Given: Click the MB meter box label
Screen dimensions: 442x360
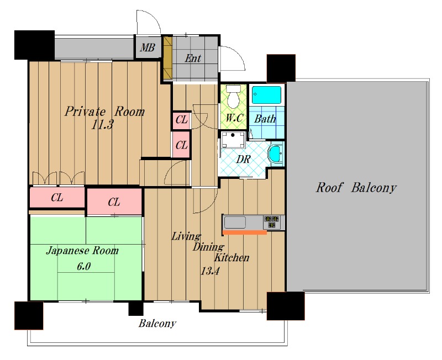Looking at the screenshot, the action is pyautogui.click(x=148, y=47).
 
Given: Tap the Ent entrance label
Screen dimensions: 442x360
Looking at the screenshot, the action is pyautogui.click(x=193, y=59).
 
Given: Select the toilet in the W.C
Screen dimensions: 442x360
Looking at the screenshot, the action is pyautogui.click(x=233, y=97).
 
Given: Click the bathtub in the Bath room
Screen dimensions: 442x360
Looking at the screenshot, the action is pyautogui.click(x=266, y=95).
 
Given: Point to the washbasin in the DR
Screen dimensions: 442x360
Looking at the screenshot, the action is pyautogui.click(x=275, y=154).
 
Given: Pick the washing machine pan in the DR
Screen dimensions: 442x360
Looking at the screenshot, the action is pyautogui.click(x=233, y=140).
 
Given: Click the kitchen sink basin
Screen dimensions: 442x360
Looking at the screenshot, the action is pyautogui.click(x=235, y=223).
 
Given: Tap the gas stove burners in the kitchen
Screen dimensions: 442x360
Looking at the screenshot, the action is pyautogui.click(x=271, y=222).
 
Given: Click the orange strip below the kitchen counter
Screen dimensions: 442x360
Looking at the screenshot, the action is pyautogui.click(x=244, y=232).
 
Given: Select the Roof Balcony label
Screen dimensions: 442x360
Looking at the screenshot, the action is pyautogui.click(x=356, y=188).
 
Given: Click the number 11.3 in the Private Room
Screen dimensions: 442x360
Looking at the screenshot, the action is pyautogui.click(x=102, y=124).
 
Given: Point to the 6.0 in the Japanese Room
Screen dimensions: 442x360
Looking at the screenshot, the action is pyautogui.click(x=84, y=266).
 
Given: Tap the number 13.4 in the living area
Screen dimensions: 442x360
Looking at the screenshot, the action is pyautogui.click(x=210, y=271).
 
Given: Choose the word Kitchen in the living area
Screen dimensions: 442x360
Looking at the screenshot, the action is pyautogui.click(x=232, y=257).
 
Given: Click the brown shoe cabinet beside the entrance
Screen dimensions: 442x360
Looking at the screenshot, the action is pyautogui.click(x=168, y=58).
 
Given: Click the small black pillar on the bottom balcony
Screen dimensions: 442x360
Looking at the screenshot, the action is pyautogui.click(x=136, y=308).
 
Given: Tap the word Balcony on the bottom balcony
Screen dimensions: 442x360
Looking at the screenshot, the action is pyautogui.click(x=157, y=324).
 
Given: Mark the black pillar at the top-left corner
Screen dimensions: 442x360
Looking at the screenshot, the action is pyautogui.click(x=34, y=45).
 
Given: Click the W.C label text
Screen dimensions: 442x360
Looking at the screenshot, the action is pyautogui.click(x=234, y=118).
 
